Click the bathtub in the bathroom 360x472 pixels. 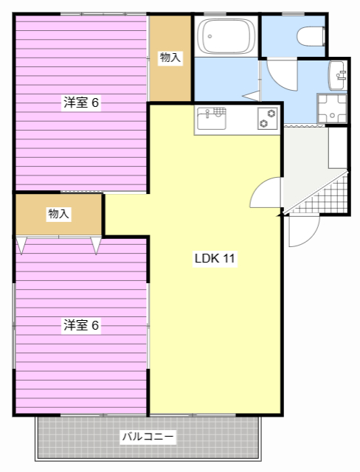point(226,36)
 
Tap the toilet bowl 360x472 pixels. point(311,37)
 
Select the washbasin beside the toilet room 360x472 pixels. point(337,75)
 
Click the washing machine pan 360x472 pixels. point(332,108)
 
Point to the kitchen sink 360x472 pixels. point(211,119)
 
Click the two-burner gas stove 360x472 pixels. point(268,118)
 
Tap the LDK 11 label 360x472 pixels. point(215,258)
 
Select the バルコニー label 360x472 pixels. point(148,436)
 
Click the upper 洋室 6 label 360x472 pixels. point(81,103)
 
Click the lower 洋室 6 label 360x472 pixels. point(81,325)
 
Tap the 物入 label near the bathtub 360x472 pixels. point(170,58)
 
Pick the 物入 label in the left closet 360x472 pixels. point(59,214)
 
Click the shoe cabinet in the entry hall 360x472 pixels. point(338,147)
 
